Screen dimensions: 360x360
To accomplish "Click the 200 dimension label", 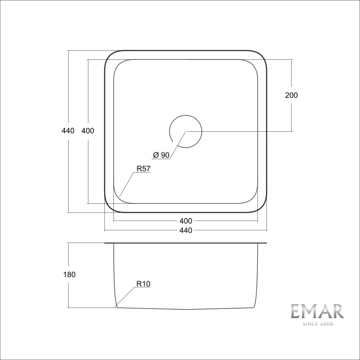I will click(x=292, y=95).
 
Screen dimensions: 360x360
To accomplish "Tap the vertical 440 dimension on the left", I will click(x=67, y=131).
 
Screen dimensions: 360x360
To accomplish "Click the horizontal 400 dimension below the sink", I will click(x=185, y=221).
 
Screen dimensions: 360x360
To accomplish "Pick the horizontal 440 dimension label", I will click(x=185, y=231).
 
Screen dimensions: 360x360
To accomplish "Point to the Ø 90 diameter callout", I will click(x=161, y=155).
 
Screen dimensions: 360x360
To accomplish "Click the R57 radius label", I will click(x=143, y=170).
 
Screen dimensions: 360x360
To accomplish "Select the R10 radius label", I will click(x=143, y=284).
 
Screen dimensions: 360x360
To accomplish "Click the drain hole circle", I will click(x=185, y=131).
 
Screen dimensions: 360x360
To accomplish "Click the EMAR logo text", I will click(x=317, y=312).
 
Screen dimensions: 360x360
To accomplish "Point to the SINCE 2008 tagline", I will click(x=317, y=324).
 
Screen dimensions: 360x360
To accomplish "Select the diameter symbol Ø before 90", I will click(x=155, y=155).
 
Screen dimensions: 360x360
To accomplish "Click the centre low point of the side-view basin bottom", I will click(x=186, y=310).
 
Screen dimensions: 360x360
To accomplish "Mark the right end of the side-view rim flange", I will click(x=266, y=243).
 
